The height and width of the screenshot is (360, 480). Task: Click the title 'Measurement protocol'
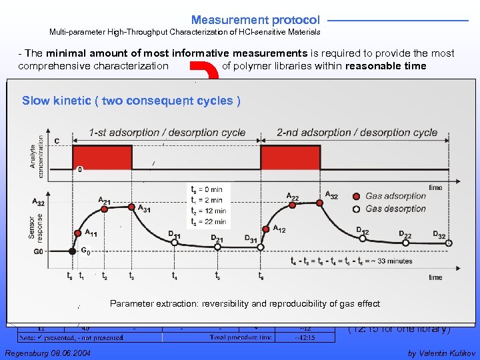point(255,20)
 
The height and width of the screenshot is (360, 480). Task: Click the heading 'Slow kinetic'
point(130,101)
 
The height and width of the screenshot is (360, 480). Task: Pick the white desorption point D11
point(175,243)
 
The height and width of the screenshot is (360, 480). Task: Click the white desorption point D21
point(217,247)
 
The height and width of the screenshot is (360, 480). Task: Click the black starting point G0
point(73,251)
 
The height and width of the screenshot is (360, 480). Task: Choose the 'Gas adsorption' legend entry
point(393,196)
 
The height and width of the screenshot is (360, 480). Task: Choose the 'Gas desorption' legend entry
point(393,209)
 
